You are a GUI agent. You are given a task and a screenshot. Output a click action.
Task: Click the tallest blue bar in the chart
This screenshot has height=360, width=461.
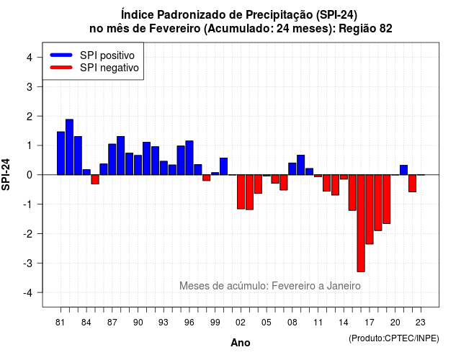pyautogui.click(x=69, y=147)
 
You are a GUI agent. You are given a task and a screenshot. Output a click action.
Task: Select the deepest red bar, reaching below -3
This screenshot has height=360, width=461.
pyautogui.click(x=361, y=223)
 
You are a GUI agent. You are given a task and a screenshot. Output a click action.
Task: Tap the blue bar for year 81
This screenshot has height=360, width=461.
pyautogui.click(x=61, y=153)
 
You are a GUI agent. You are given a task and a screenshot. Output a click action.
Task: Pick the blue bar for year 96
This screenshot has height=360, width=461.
pyautogui.click(x=189, y=158)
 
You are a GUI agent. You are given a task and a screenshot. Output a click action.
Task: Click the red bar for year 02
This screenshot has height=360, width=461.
pyautogui.click(x=241, y=192)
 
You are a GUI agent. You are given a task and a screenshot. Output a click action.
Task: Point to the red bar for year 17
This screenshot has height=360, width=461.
pyautogui.click(x=370, y=210)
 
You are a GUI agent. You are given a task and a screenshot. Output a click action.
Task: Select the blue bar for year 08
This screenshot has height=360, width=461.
pyautogui.click(x=292, y=168)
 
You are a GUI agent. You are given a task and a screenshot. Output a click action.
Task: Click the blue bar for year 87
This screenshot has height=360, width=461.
pyautogui.click(x=112, y=159)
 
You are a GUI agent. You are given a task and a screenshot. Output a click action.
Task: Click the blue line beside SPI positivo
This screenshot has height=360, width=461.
pyautogui.click(x=61, y=55)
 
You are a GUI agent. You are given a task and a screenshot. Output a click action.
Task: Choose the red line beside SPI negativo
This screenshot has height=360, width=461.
pyautogui.click(x=61, y=67)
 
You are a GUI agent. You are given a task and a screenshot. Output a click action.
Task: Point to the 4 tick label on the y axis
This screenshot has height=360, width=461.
pyautogui.click(x=30, y=58)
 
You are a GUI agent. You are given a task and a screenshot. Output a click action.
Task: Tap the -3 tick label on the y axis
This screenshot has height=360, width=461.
pyautogui.click(x=28, y=263)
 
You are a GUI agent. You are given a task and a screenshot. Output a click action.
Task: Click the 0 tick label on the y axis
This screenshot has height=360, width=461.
pyautogui.click(x=30, y=175)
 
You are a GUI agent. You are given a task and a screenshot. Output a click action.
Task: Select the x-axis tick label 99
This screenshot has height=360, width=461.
pyautogui.click(x=215, y=323)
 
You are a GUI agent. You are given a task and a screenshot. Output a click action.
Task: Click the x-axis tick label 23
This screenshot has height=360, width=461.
pyautogui.click(x=421, y=323)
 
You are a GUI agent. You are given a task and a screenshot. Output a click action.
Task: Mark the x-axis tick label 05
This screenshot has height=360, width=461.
pyautogui.click(x=267, y=323)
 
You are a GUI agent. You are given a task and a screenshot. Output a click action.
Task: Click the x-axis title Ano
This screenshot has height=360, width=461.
pyautogui.click(x=241, y=343)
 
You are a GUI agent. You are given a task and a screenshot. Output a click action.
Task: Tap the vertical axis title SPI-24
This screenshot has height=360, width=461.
pyautogui.click(x=6, y=174)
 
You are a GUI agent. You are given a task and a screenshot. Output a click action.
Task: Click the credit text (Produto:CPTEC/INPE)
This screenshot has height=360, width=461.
pyautogui.click(x=394, y=338)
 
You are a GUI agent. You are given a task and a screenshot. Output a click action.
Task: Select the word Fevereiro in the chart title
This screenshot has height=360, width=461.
pyautogui.click(x=175, y=29)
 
